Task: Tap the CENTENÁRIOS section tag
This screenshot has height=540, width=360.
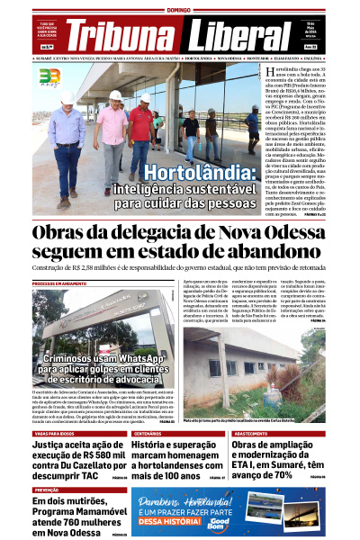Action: [x=147, y=433]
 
